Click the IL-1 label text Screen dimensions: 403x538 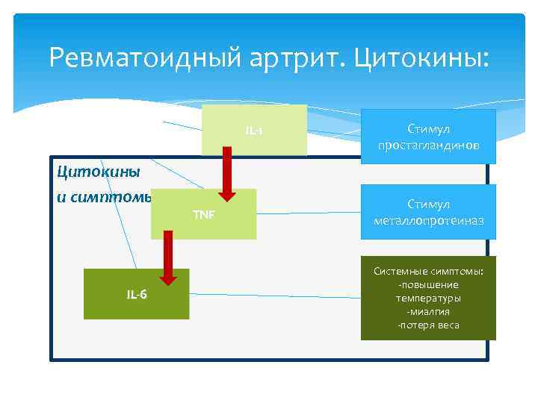pyautogui.click(x=254, y=131)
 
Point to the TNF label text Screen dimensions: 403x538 pyautogui.click(x=204, y=215)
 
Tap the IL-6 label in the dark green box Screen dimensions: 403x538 pyautogui.click(x=137, y=294)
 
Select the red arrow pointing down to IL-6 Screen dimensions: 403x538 pyautogui.click(x=169, y=257)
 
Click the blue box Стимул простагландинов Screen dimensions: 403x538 pyautogui.click(x=428, y=135)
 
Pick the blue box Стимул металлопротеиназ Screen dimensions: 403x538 pyautogui.click(x=428, y=212)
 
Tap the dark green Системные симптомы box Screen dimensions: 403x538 pyautogui.click(x=428, y=298)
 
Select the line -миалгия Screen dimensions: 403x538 pyautogui.click(x=428, y=311)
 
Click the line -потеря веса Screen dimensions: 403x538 pyautogui.click(x=428, y=325)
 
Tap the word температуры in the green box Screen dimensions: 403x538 pyautogui.click(x=428, y=298)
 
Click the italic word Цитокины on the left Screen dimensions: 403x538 pyautogui.click(x=87, y=172)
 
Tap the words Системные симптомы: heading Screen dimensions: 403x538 pyautogui.click(x=428, y=271)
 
